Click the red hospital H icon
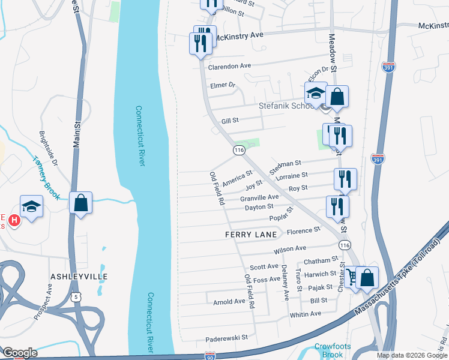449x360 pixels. (x=15, y=220)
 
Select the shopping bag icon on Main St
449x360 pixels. (x=81, y=203)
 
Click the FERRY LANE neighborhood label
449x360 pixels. (x=251, y=234)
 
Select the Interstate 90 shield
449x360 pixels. (x=210, y=356)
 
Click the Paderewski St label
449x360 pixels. (x=226, y=338)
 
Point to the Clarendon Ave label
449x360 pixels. (x=229, y=66)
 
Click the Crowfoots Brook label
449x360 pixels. (x=329, y=350)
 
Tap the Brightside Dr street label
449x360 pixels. (x=48, y=149)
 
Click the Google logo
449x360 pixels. (x=19, y=352)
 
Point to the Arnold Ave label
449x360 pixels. (x=229, y=301)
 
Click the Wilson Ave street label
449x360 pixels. (x=290, y=248)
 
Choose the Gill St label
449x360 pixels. (x=231, y=121)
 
